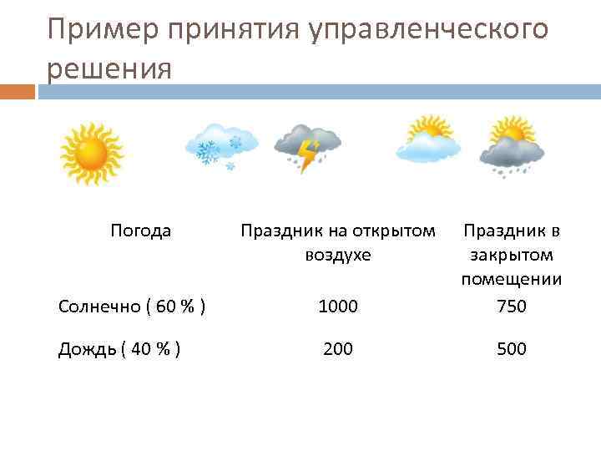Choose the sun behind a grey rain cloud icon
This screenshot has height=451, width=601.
pos(511,145)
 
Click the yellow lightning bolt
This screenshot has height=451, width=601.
pos(310,155)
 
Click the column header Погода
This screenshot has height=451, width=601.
pos(141,231)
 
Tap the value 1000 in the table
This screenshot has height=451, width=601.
pos(338,307)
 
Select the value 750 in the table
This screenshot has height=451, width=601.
pos(511,307)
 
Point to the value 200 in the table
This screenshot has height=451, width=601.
pos(338,348)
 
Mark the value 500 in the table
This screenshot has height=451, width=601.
pos(511,348)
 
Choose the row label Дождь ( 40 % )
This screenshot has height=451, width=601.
pos(120,348)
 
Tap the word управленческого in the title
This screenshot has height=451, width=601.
pos(430,30)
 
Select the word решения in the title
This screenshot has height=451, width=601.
pos(109,68)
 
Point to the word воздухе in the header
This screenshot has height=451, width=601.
pos(338,254)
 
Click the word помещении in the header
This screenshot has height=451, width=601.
pos(511,278)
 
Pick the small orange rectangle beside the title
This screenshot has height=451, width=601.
pos(18,91)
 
